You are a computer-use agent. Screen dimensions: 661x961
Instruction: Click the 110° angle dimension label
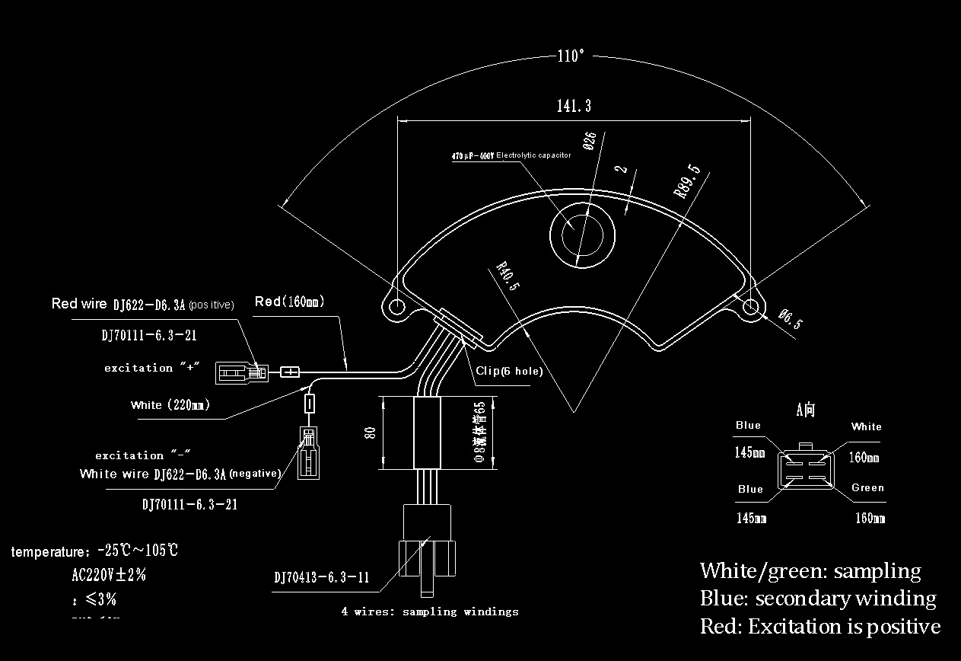571,56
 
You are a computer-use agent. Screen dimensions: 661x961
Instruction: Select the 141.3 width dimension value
574,107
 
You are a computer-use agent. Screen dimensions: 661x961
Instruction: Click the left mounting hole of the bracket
396,306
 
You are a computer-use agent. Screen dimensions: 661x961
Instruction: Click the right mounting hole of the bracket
750,307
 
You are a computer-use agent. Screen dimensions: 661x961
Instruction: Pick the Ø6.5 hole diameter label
790,319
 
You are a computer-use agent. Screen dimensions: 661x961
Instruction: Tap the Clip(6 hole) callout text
509,372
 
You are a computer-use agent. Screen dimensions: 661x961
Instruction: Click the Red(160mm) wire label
289,302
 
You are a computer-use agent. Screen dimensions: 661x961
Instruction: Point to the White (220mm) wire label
170,405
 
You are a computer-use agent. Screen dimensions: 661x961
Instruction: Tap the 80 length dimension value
371,433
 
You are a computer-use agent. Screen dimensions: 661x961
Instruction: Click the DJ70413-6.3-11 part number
322,577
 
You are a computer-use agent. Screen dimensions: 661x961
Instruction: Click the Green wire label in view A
867,488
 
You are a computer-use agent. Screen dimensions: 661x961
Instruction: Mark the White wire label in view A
866,426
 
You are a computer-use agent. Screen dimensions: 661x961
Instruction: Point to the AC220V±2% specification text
108,576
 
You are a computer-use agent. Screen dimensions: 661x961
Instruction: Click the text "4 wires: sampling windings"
430,612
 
